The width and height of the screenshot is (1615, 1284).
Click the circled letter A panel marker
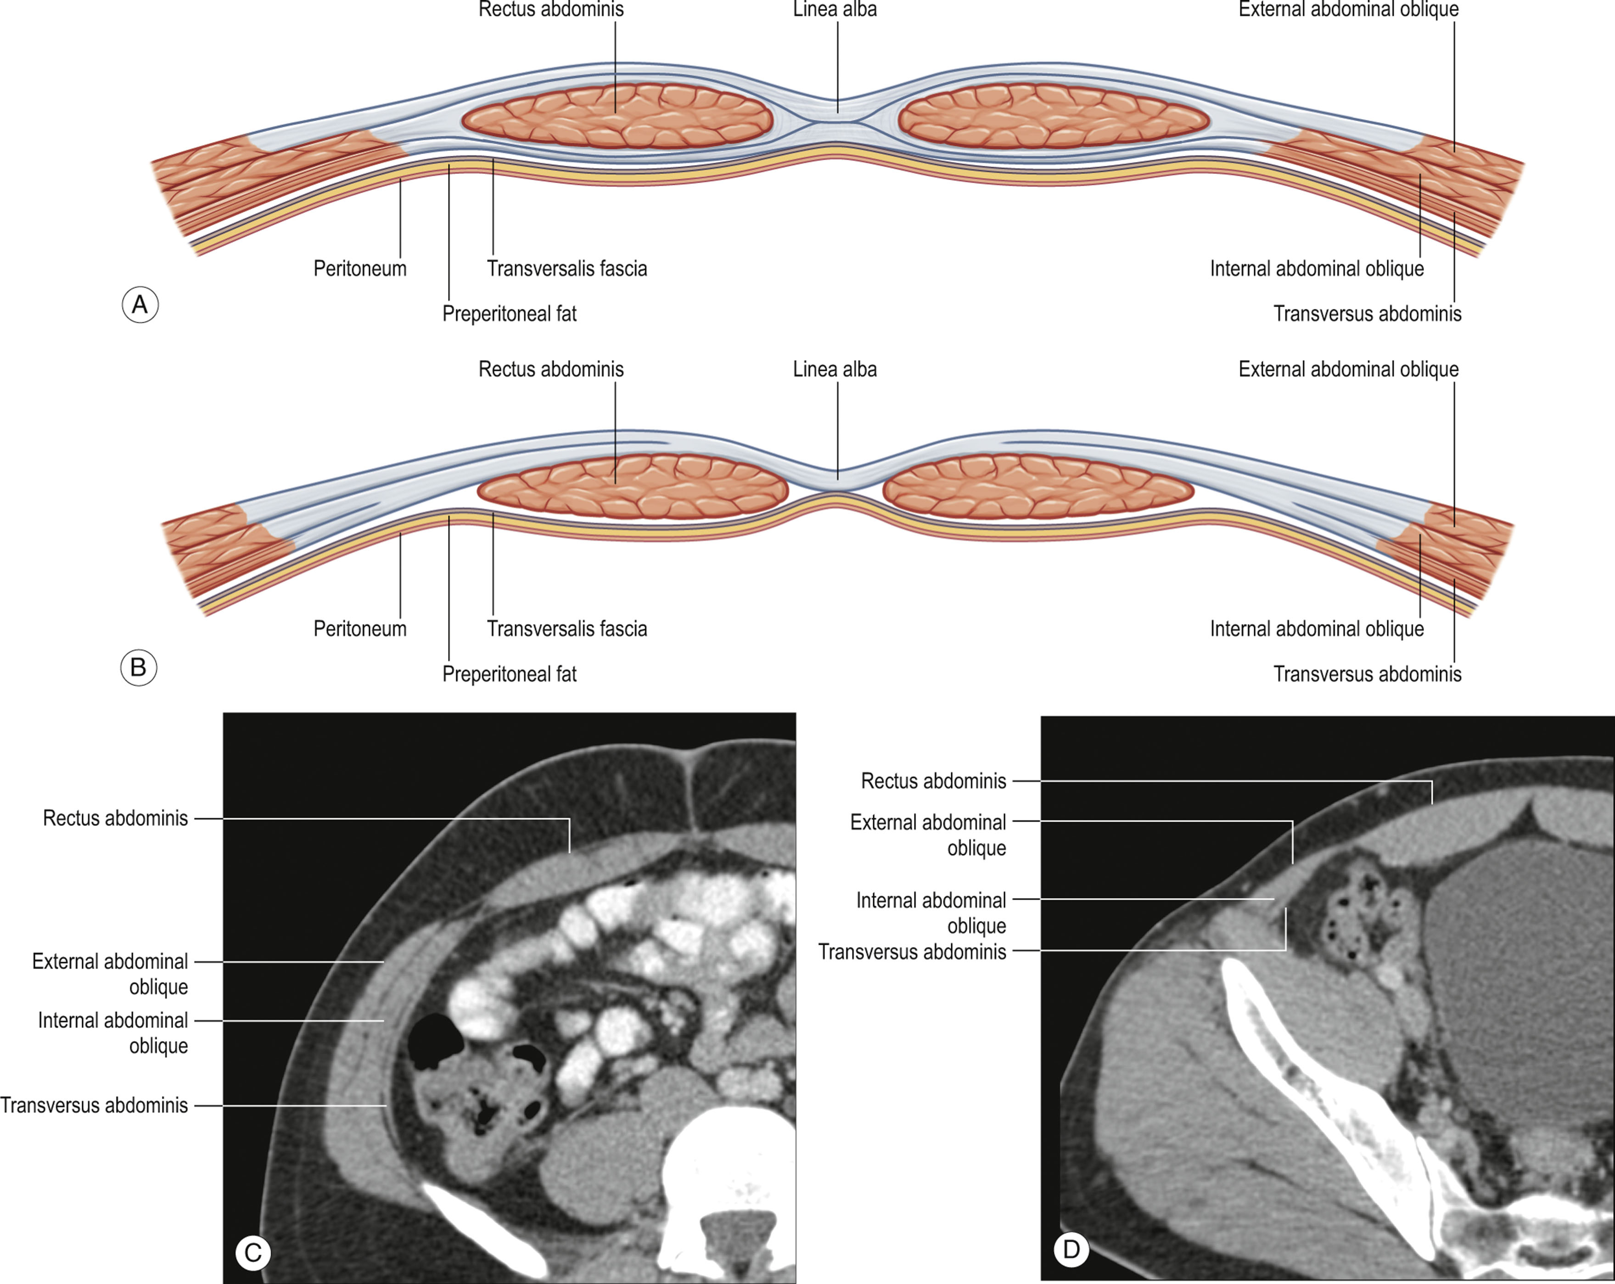point(140,305)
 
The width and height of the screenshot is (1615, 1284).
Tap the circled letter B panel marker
point(139,667)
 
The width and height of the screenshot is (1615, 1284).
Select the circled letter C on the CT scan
point(253,1252)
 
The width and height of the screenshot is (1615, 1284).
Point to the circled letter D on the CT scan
point(1071,1249)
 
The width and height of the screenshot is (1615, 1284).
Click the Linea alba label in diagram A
point(835,10)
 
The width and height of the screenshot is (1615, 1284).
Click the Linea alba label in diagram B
point(835,370)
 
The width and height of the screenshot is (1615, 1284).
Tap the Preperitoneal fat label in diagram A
point(510,314)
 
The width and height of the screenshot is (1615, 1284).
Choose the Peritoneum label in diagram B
point(359,628)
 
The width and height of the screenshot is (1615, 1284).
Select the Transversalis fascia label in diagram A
point(566,268)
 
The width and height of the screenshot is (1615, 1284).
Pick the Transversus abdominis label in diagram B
point(1367,674)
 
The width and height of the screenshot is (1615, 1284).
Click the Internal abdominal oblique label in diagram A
point(1316,268)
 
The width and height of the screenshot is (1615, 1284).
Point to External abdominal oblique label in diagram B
point(1348,370)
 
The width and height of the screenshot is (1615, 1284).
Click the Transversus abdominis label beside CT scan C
point(95,1105)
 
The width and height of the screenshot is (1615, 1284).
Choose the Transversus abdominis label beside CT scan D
point(912,951)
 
